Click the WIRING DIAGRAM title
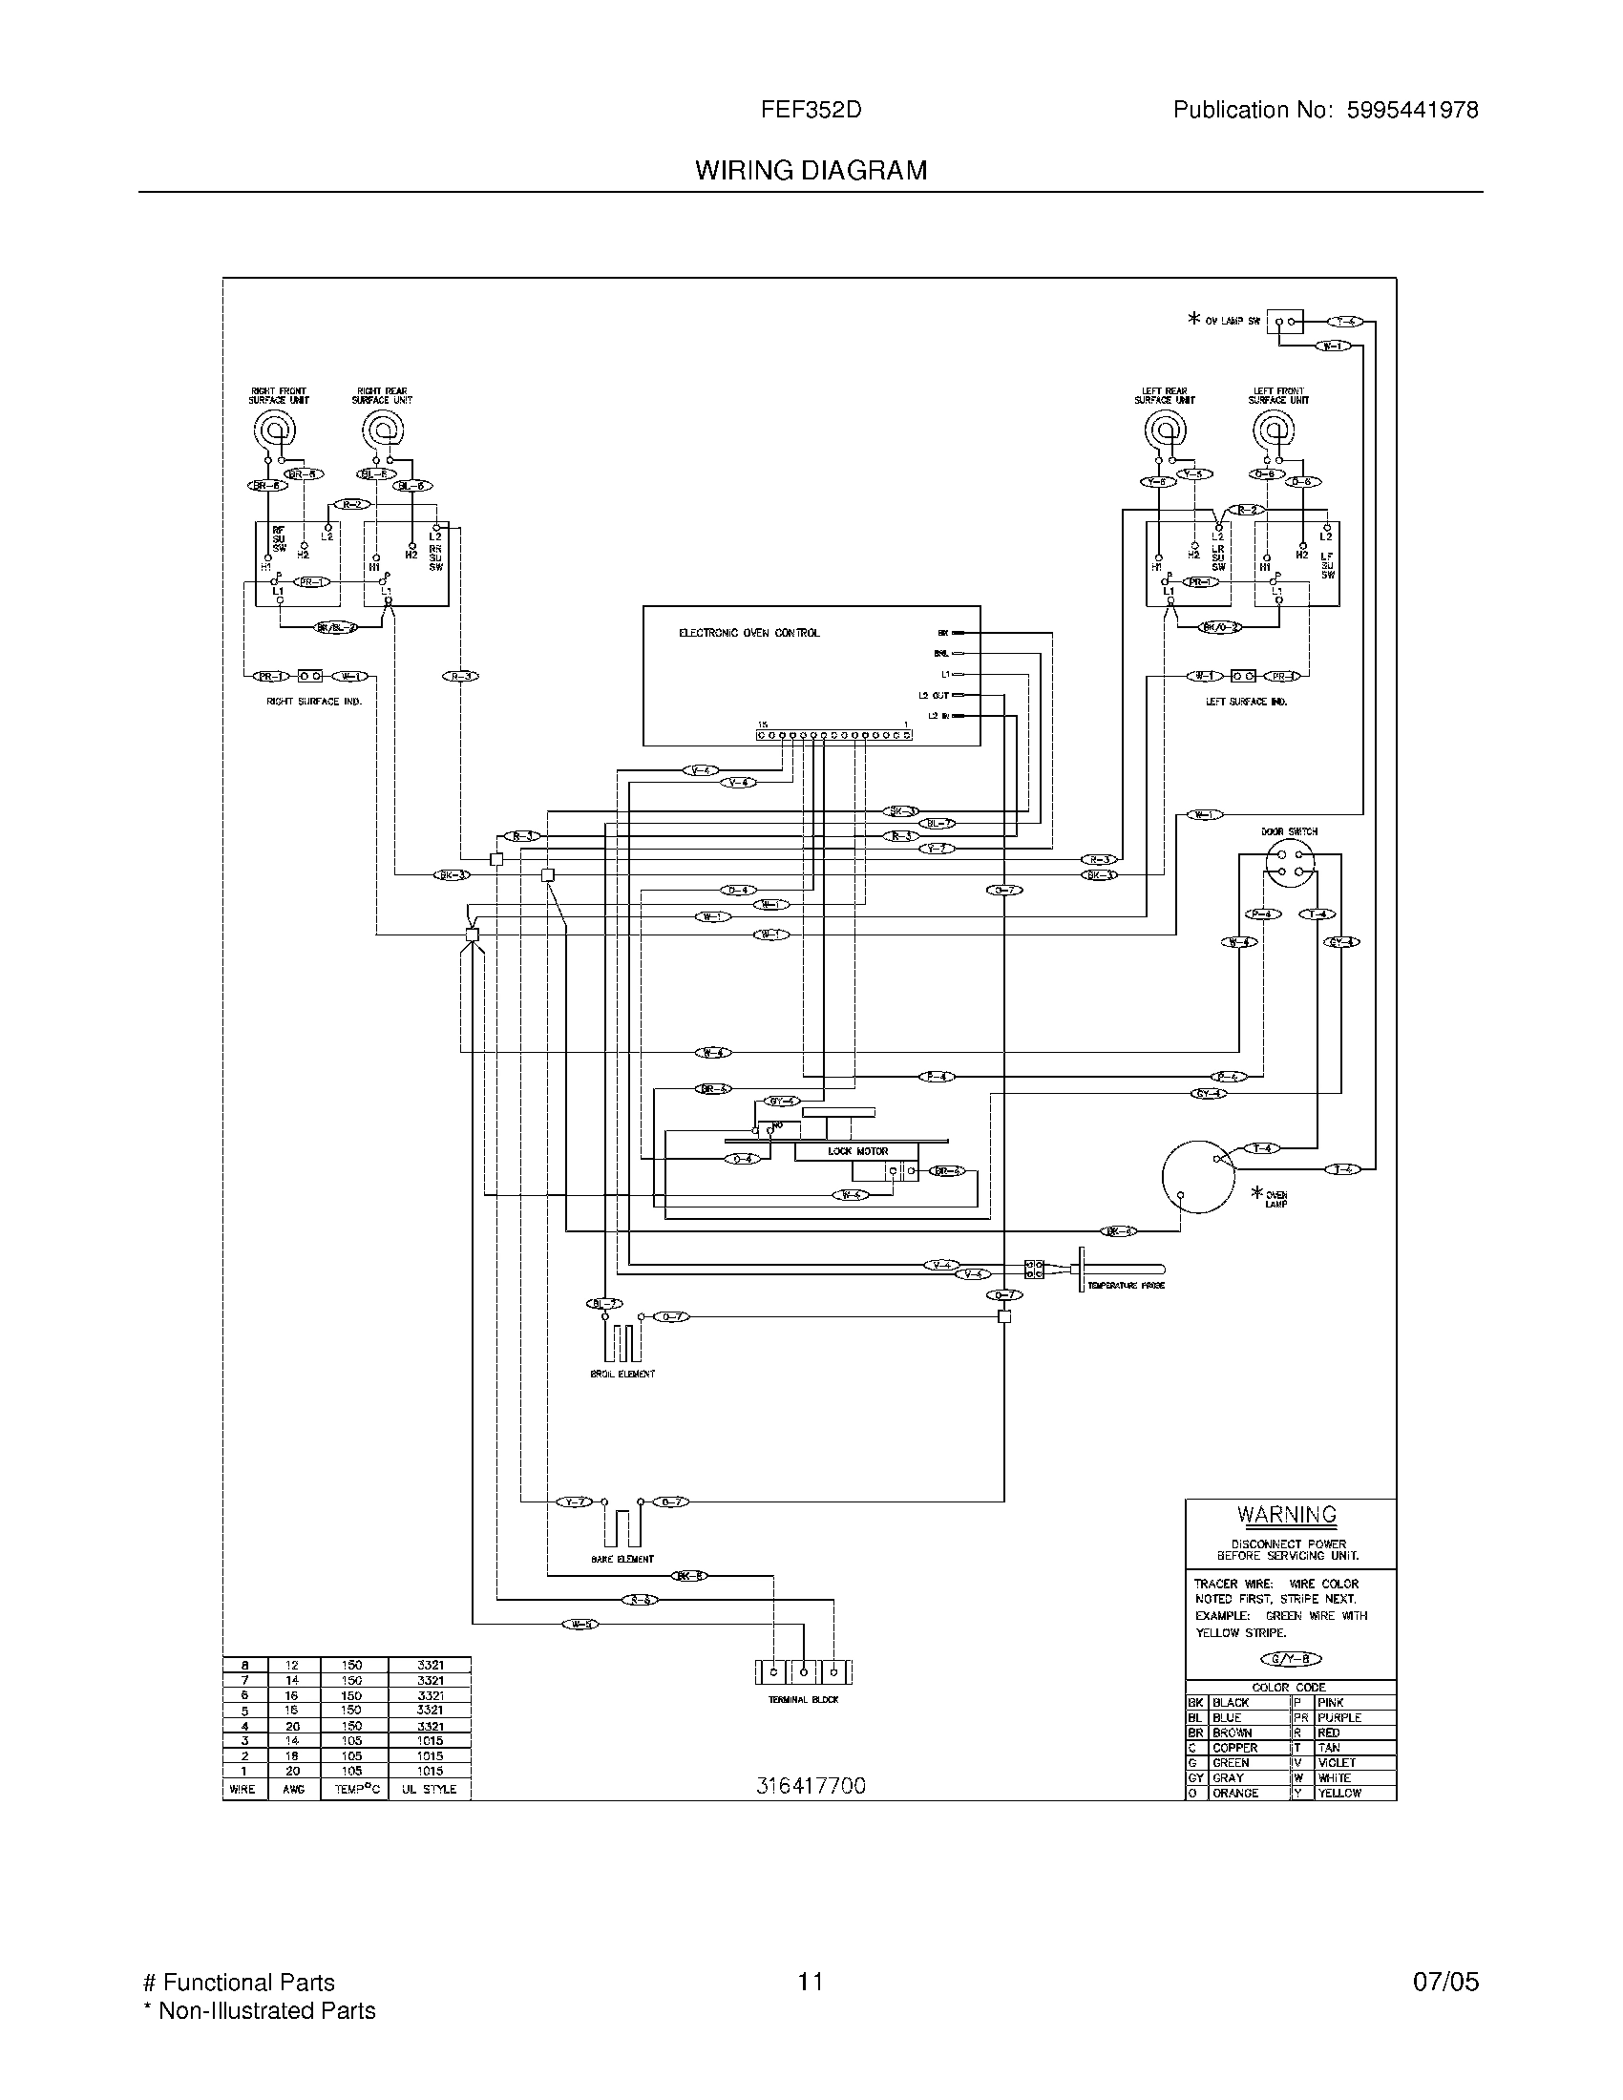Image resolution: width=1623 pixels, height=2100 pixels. point(811,170)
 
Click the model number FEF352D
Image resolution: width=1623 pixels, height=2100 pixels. point(811,110)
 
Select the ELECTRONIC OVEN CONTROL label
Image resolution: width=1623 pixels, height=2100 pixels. point(749,633)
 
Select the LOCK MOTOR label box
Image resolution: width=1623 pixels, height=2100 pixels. point(857,1151)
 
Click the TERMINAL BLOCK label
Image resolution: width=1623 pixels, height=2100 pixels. point(803,1699)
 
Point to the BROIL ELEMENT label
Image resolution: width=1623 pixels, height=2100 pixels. point(622,1373)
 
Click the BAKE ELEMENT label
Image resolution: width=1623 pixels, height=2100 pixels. point(622,1559)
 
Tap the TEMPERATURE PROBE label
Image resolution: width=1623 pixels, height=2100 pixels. point(1126,1285)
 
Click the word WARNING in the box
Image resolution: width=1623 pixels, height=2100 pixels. point(1287,1515)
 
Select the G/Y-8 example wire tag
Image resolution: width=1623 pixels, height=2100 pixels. point(1291,1658)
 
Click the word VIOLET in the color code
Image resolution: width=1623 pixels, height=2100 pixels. point(1337,1762)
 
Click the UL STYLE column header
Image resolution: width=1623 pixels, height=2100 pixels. point(429,1790)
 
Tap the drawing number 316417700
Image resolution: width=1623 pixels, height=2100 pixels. point(811,1786)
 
